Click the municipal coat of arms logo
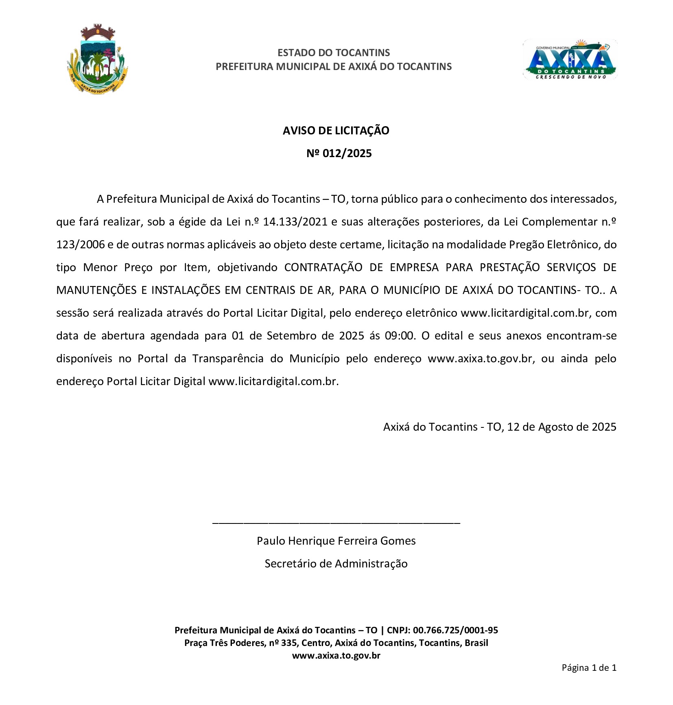(97, 59)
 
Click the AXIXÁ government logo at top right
(570, 59)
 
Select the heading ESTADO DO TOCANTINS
(334, 53)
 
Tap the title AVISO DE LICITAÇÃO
(336, 131)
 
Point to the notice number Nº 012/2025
(339, 153)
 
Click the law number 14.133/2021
(295, 222)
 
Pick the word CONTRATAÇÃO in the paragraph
(323, 267)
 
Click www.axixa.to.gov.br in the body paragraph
(480, 359)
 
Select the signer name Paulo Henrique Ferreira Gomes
(336, 541)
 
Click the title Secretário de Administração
(336, 564)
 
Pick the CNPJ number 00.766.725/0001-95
(455, 631)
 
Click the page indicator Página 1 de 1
(589, 668)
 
